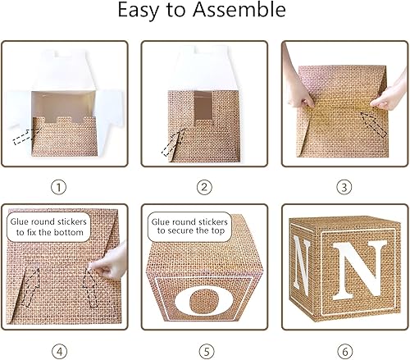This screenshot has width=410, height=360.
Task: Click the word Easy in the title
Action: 144,11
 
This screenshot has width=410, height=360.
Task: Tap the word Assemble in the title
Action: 247,11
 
